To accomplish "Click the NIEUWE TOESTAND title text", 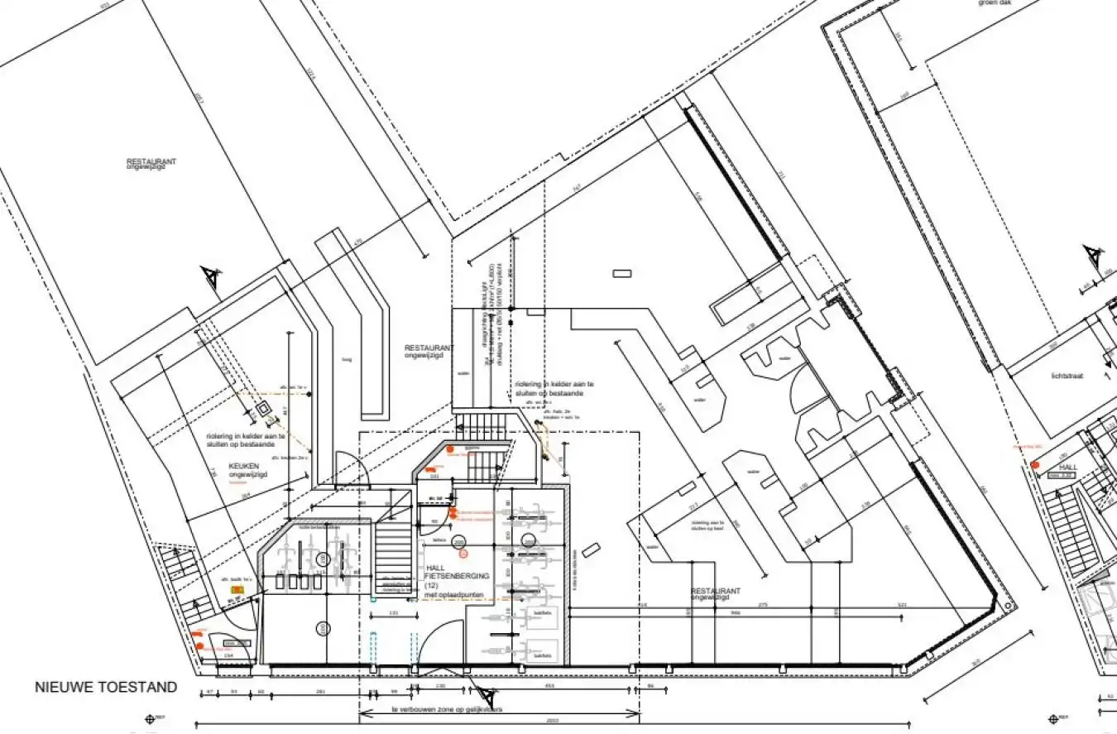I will tap(105, 687).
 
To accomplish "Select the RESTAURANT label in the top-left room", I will tap(151, 162).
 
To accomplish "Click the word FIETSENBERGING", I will tap(457, 575).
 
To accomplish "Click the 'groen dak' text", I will tap(996, 2).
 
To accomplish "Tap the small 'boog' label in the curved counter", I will tap(346, 359).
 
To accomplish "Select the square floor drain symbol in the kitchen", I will tap(264, 409).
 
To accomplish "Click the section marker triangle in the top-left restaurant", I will tap(212, 277).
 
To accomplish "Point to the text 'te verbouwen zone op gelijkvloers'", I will tap(448, 709).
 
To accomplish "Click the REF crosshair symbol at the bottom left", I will tap(151, 718).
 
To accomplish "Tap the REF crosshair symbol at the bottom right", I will tap(1053, 718).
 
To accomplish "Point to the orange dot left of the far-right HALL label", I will tap(1035, 465).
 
